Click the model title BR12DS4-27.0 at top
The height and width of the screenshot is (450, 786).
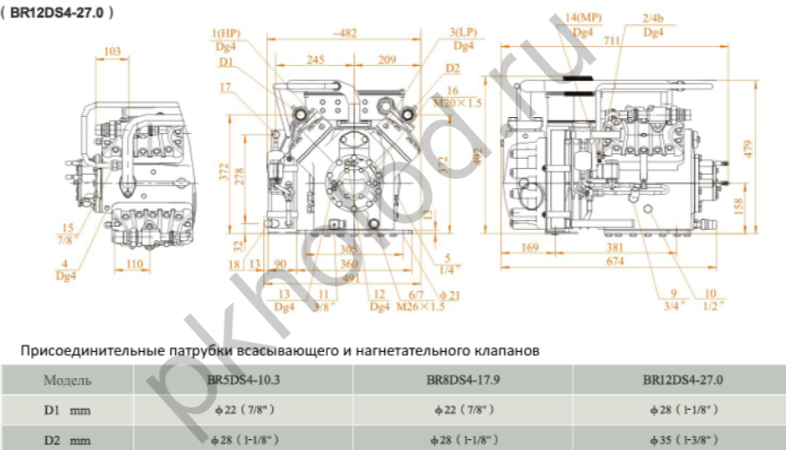click(x=56, y=14)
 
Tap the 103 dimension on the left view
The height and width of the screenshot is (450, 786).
click(x=111, y=51)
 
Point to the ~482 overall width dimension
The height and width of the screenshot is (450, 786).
click(x=343, y=33)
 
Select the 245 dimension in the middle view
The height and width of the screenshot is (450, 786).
click(x=315, y=60)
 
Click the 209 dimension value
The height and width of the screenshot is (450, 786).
click(x=387, y=60)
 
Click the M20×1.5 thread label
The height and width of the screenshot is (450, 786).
click(x=458, y=103)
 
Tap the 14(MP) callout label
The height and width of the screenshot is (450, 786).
click(x=583, y=18)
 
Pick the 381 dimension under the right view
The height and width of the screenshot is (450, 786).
click(x=638, y=248)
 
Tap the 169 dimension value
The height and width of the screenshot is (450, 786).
click(x=529, y=248)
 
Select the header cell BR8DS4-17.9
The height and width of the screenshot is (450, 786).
click(x=463, y=380)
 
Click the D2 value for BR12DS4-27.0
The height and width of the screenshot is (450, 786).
click(x=682, y=439)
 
